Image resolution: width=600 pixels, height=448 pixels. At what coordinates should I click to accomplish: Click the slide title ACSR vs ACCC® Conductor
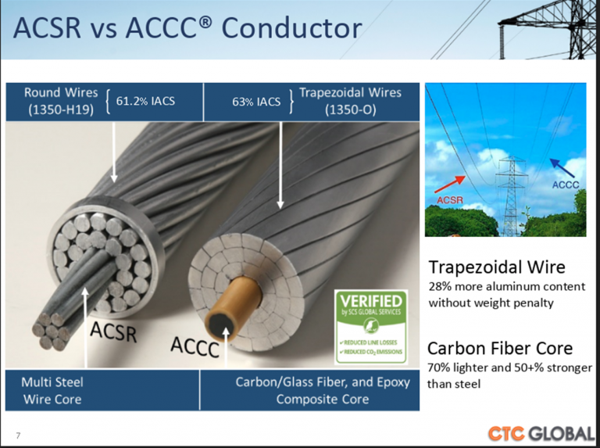pyautogui.click(x=188, y=28)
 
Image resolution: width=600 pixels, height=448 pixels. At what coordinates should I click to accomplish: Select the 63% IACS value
pyautogui.click(x=256, y=102)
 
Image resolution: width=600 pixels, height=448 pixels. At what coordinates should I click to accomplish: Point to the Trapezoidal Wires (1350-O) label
pyautogui.click(x=350, y=101)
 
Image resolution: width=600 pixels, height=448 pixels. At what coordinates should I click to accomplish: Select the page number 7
pyautogui.click(x=18, y=435)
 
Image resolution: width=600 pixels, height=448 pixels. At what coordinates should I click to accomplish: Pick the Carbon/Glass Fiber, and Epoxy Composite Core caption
pyautogui.click(x=312, y=390)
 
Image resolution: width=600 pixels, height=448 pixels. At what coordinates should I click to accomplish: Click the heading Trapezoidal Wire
pyautogui.click(x=496, y=267)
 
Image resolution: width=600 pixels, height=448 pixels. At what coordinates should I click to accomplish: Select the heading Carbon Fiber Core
pyautogui.click(x=500, y=348)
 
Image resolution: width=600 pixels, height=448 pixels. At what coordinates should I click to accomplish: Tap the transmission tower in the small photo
pyautogui.click(x=512, y=195)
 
